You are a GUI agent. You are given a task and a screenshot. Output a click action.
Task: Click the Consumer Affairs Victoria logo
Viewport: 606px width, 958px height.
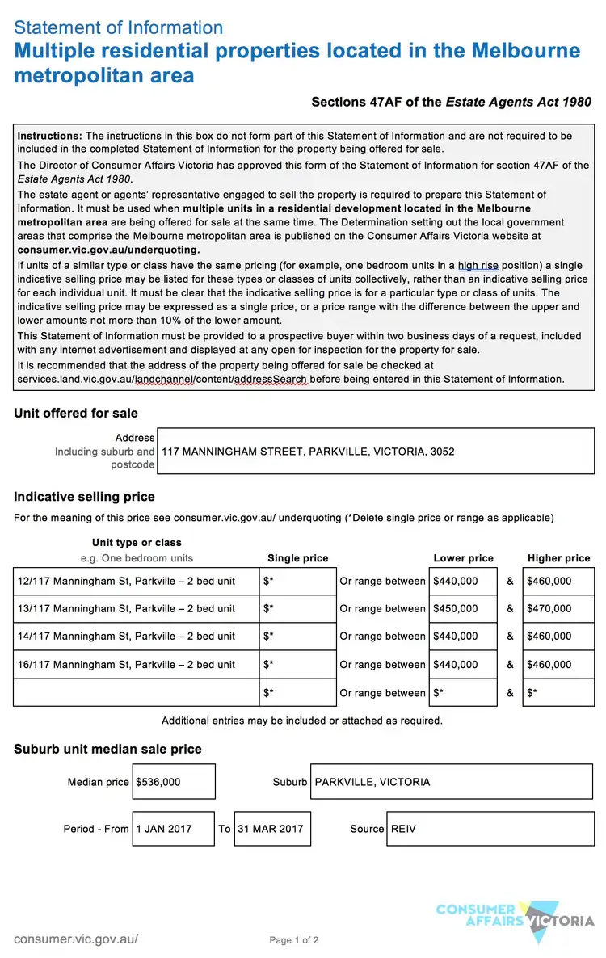tap(515, 920)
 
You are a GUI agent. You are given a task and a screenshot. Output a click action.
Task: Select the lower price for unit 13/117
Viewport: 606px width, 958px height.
tap(462, 609)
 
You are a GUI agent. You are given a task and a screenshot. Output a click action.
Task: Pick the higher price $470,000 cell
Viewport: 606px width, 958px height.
tap(558, 609)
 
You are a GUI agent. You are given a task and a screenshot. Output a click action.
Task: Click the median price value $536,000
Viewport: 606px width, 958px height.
tap(174, 782)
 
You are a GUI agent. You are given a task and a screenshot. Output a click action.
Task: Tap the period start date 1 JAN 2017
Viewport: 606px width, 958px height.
tap(173, 829)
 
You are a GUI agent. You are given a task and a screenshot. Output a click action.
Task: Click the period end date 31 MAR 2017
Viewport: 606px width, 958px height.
tap(272, 829)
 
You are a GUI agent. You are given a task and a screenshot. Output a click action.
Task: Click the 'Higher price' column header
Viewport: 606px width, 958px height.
tap(558, 558)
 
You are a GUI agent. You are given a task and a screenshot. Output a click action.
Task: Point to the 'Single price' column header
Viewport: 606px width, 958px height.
tap(297, 558)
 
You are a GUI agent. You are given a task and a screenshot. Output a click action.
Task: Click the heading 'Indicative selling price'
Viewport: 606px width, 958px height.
tap(84, 497)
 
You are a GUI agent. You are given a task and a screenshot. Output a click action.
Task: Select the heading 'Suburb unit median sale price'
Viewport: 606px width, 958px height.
tap(107, 750)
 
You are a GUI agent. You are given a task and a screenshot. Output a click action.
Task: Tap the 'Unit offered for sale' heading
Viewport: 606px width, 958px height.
tap(76, 414)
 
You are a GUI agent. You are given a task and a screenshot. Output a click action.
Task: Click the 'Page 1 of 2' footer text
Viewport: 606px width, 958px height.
tap(294, 940)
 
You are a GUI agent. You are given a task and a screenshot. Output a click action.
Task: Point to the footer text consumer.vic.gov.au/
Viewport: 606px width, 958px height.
tap(76, 939)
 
